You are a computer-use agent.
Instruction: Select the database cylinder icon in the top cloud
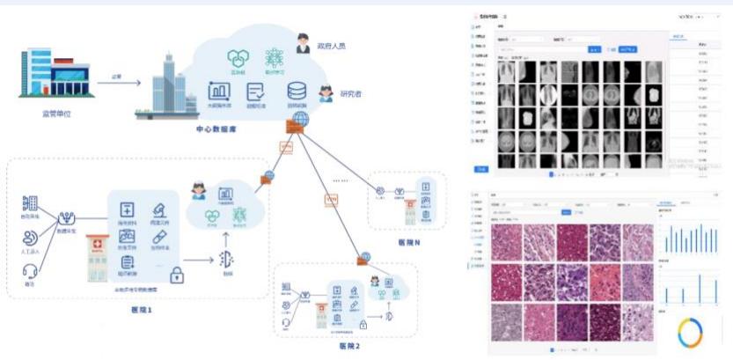[x=297, y=91]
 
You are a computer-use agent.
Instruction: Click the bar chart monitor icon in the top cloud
[x=218, y=91]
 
